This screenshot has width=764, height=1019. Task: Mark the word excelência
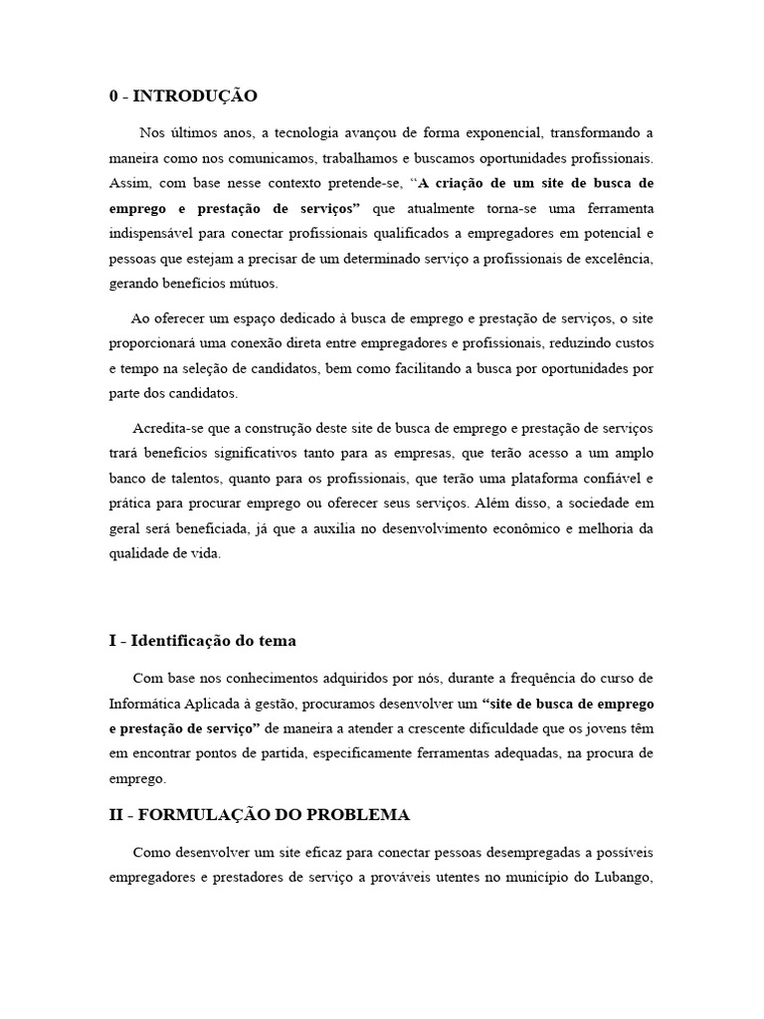point(615,259)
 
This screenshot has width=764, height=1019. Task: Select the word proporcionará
point(154,343)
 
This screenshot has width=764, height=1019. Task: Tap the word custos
point(631,343)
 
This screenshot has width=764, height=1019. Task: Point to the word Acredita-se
point(169,428)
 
